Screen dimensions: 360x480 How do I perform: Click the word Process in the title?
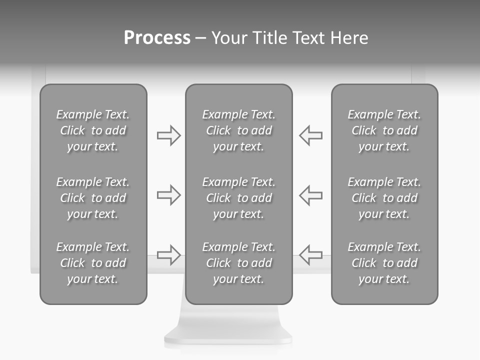157,38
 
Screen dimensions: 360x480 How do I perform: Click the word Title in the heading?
271,38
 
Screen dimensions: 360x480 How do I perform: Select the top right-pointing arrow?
169,135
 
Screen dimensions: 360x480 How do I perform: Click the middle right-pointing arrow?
169,195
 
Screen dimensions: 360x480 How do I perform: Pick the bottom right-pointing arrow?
169,254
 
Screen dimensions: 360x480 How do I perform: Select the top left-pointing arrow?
310,135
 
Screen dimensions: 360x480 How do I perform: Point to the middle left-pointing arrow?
310,195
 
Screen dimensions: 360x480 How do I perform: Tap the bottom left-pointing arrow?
310,254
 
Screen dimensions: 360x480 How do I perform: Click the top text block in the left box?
93,130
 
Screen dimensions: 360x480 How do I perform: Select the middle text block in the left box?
93,198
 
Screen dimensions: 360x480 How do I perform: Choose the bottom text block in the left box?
93,263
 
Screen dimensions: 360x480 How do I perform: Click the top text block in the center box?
238,130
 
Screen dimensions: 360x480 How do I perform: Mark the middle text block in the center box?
238,198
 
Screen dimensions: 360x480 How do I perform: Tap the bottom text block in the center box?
238,263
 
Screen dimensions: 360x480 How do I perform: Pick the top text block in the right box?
384,130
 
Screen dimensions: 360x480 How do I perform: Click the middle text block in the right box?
384,198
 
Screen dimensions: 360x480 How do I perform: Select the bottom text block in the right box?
384,263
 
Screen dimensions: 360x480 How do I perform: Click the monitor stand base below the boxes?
228,330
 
